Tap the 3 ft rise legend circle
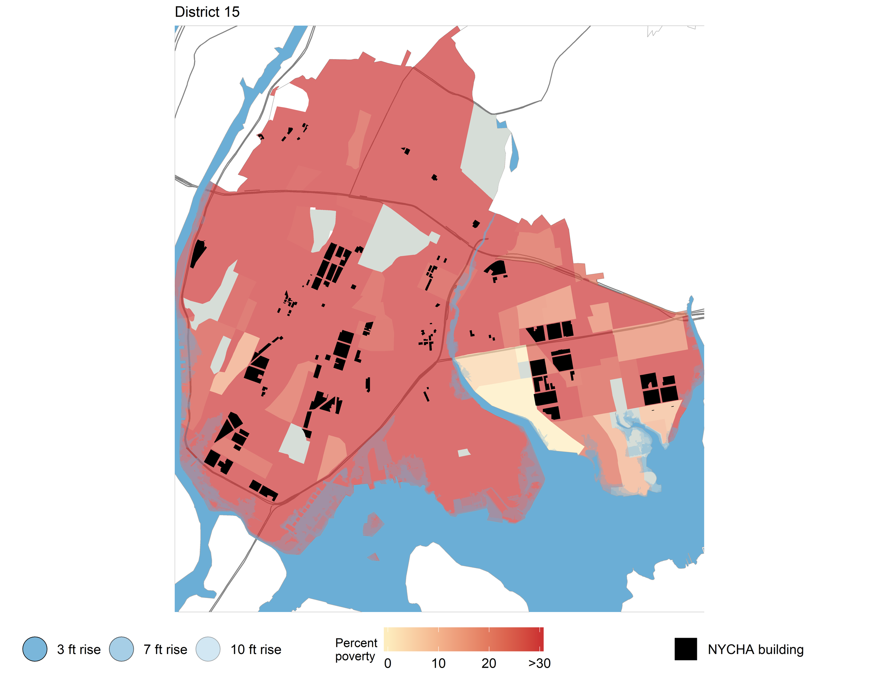pos(35,649)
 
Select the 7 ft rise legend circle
pos(122,649)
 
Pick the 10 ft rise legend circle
pos(208,649)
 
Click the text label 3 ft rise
pos(79,649)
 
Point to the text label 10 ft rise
pos(256,649)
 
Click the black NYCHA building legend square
pos(685,649)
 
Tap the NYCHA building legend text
pos(756,649)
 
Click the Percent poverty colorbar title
pos(356,649)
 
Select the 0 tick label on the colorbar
pos(387,663)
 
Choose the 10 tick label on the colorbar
pos(438,663)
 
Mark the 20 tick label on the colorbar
pos(489,663)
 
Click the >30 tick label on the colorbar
pos(539,663)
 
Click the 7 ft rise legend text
pos(165,649)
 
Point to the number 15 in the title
pos(232,12)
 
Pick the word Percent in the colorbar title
pos(356,643)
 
